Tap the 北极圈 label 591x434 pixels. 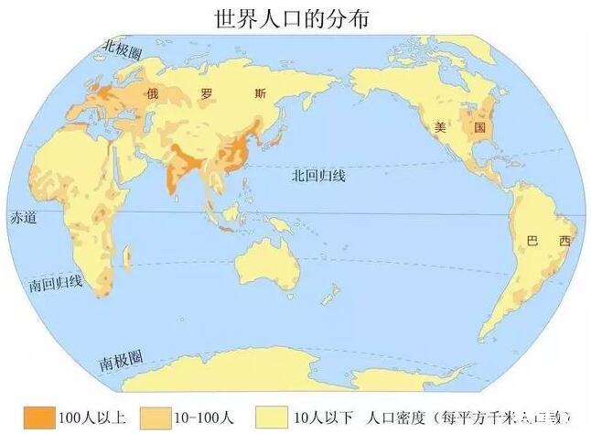(124, 46)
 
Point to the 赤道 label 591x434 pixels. (20, 219)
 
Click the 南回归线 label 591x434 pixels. (56, 284)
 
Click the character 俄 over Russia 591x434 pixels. (154, 93)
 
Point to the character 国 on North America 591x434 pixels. (476, 128)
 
